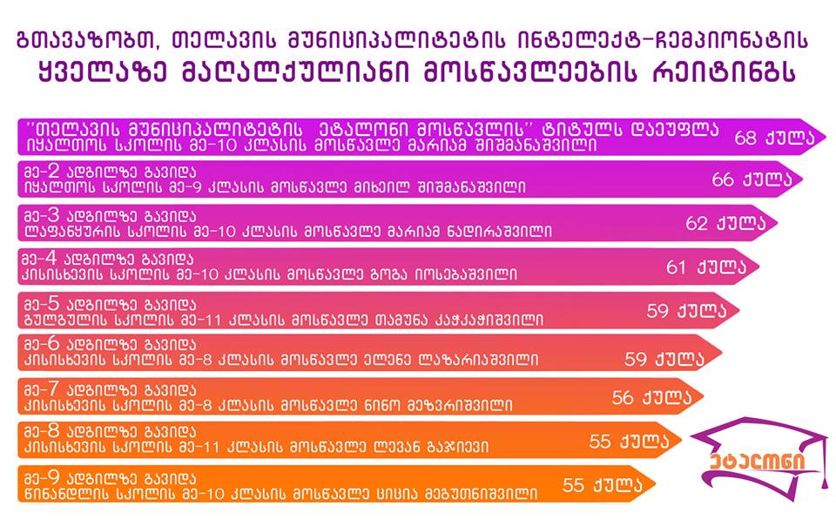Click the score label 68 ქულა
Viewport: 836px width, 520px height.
pos(774,138)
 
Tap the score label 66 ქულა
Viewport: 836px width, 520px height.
pos(752,179)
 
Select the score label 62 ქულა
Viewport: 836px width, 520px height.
pos(725,223)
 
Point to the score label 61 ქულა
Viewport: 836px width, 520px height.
pos(706,267)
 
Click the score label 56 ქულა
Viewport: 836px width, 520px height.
pos(651,397)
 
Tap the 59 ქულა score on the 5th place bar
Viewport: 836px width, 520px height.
pos(687,310)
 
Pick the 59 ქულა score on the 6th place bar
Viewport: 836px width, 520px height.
pos(664,359)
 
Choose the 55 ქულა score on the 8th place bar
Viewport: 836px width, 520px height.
pos(629,441)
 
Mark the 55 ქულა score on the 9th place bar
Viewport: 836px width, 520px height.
pos(603,485)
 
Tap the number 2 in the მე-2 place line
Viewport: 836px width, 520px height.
pos(54,172)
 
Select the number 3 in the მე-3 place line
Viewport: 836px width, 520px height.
pos(54,215)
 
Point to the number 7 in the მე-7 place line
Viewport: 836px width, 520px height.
pos(53,389)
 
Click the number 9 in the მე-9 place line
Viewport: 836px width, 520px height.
pos(54,476)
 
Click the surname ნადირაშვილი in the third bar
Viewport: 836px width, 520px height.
pos(490,232)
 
